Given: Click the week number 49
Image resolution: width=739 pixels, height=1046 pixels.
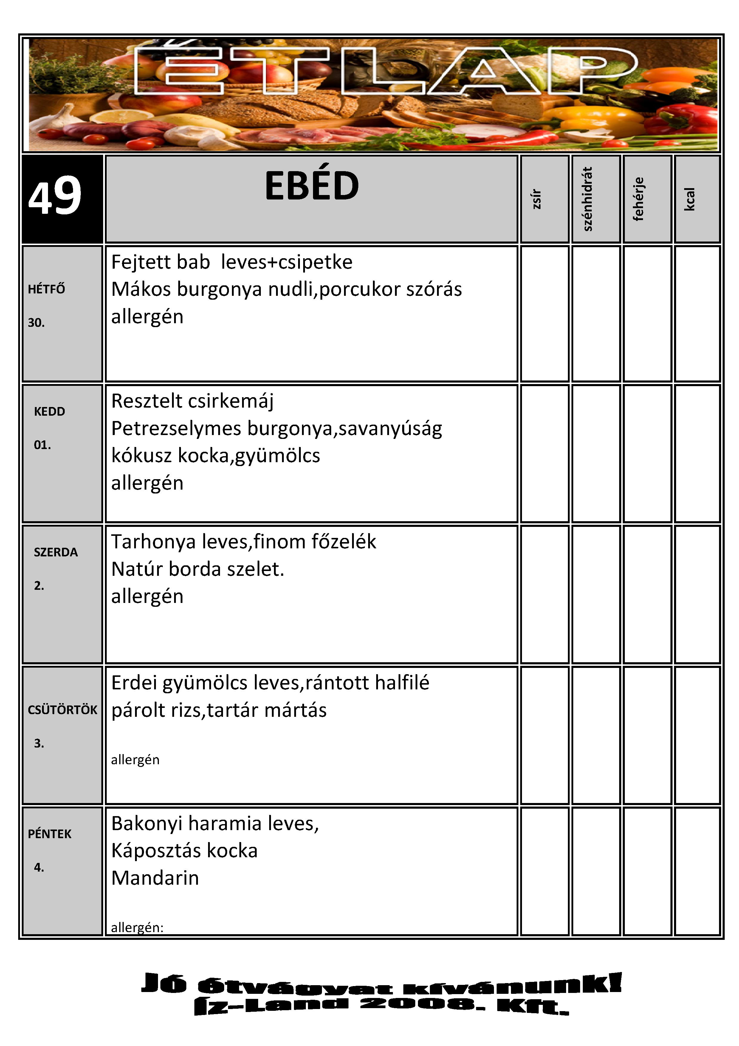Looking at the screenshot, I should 55,196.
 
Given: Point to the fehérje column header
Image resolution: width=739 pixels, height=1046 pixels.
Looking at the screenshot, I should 639,199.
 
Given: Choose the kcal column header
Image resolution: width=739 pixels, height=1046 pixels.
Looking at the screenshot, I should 690,199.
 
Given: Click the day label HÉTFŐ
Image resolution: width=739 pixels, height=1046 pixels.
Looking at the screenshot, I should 47,289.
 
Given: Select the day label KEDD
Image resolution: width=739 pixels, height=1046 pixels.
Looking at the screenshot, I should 49,412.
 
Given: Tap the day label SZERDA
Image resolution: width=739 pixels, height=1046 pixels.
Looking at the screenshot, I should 55,553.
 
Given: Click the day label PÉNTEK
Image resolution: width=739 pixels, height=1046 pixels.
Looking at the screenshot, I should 49,834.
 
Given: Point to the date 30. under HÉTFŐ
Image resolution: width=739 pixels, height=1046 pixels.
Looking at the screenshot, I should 36,323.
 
